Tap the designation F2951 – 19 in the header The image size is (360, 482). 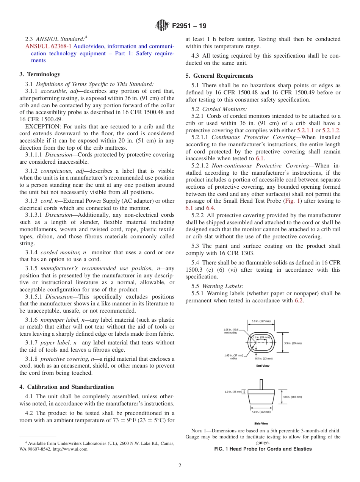[x=189, y=27]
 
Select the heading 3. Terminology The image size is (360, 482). [x=40, y=74]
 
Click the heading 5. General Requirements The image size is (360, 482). [x=219, y=76]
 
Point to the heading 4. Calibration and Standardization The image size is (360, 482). [x=67, y=387]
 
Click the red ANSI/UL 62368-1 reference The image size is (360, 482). [x=49, y=46]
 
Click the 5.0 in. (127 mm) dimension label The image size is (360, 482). [x=261, y=321]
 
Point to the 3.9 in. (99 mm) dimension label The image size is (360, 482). [x=293, y=343]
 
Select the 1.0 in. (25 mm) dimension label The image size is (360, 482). [x=233, y=392]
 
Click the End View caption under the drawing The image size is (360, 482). [x=263, y=366]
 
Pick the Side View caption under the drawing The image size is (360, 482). [x=261, y=423]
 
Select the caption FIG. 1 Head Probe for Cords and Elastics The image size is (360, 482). [x=263, y=449]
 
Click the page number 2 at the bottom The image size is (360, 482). [x=180, y=466]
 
